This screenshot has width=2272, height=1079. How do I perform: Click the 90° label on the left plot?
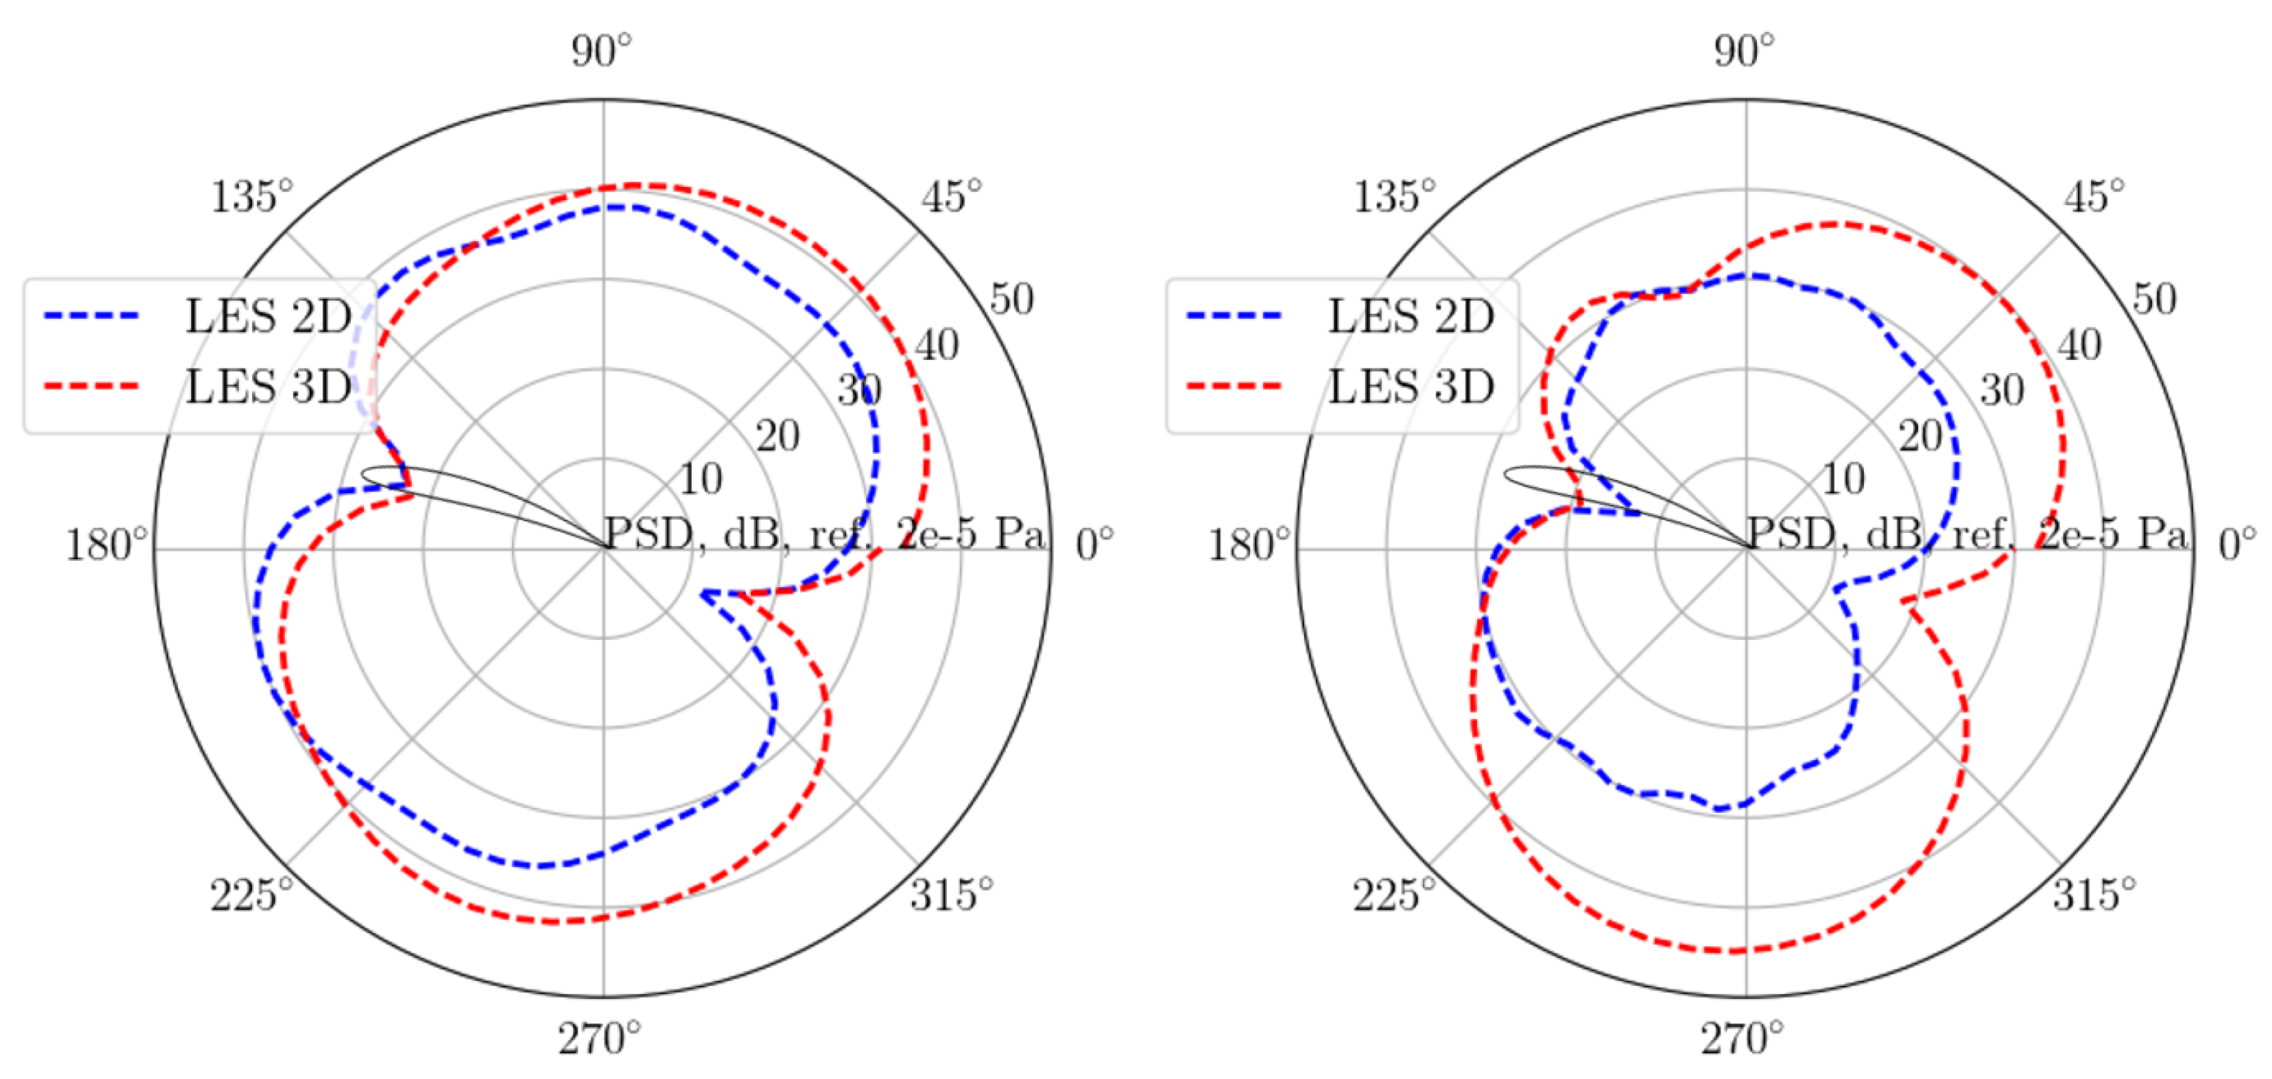tap(602, 51)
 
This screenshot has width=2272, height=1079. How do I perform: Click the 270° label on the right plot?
tap(1742, 1039)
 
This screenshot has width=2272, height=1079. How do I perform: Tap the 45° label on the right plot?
tap(2094, 196)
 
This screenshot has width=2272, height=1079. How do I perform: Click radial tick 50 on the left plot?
tap(1011, 299)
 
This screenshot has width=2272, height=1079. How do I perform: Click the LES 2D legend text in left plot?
tap(268, 316)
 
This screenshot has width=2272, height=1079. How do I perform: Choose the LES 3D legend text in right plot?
tap(1411, 386)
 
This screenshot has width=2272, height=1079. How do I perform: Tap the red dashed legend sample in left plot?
tap(92, 386)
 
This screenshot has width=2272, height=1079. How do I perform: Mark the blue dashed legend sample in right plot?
tap(1234, 315)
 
